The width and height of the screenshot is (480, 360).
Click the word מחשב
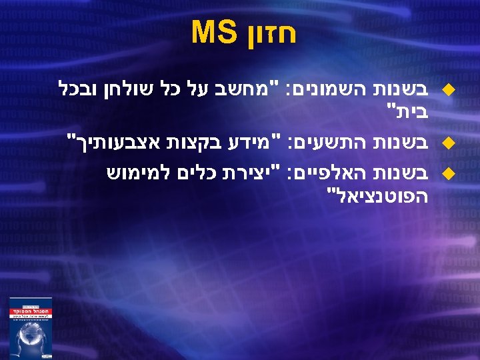click(x=257, y=88)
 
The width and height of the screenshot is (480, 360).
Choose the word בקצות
click(x=197, y=141)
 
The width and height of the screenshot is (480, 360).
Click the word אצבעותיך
click(x=114, y=141)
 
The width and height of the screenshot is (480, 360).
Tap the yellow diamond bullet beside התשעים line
click(x=448, y=141)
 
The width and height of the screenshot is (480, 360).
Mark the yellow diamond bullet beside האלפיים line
click(x=448, y=175)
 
